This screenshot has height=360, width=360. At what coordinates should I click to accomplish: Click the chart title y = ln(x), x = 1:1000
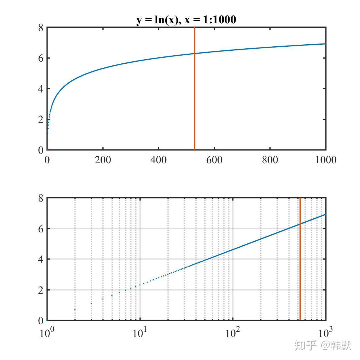point(186,20)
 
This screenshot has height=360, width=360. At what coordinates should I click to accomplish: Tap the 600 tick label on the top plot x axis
point(214,160)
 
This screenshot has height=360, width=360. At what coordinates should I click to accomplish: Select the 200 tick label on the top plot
point(103,160)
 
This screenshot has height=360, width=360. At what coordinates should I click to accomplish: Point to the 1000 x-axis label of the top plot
point(326,160)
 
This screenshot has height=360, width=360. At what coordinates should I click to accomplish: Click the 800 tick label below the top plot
point(270,160)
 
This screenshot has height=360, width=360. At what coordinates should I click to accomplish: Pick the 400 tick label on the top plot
point(158,160)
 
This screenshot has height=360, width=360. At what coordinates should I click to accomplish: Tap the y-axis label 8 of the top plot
point(41,28)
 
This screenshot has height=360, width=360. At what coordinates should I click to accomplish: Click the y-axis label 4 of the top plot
point(41,89)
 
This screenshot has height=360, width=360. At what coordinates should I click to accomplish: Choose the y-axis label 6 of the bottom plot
point(41,229)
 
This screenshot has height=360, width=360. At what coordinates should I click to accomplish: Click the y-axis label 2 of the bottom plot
point(41,290)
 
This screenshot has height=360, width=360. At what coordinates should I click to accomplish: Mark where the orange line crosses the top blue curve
point(195,54)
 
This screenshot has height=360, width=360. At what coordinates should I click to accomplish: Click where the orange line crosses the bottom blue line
point(300,224)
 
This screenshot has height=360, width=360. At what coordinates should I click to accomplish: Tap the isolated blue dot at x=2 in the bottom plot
point(75,310)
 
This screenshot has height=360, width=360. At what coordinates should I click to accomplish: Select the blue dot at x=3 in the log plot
point(91,304)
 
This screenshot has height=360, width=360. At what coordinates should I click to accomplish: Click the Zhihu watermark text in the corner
point(323,345)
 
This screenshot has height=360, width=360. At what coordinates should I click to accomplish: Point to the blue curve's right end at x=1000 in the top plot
point(325,44)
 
